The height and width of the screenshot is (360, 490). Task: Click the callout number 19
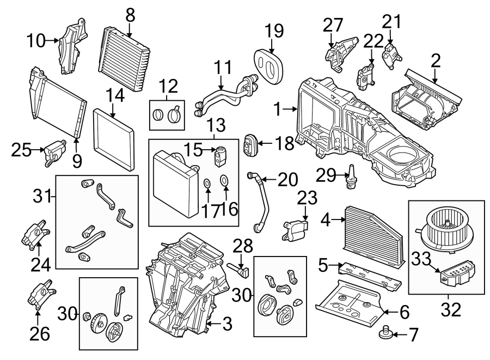tap(274, 30)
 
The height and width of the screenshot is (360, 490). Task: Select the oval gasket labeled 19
tap(268, 62)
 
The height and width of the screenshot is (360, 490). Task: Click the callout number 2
tap(435, 60)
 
